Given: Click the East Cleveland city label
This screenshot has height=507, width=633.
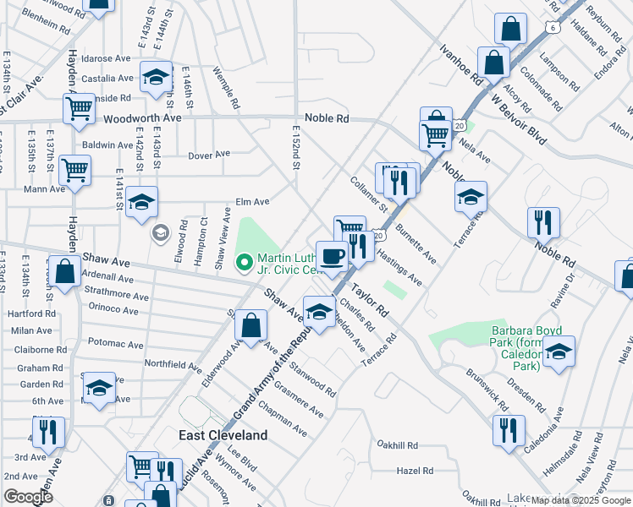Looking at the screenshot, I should point(223,435).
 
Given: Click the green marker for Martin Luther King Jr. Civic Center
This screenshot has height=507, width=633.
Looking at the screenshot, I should point(245,264).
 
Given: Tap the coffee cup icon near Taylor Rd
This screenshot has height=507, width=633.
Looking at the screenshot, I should point(332,256).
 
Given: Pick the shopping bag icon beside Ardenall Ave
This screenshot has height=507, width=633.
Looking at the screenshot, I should point(64,272).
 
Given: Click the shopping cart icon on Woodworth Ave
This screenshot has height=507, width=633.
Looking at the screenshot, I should point(79,108).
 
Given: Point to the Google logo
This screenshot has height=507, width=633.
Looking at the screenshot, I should point(27,497).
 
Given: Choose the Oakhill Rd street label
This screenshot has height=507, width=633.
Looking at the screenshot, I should point(399,445).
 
